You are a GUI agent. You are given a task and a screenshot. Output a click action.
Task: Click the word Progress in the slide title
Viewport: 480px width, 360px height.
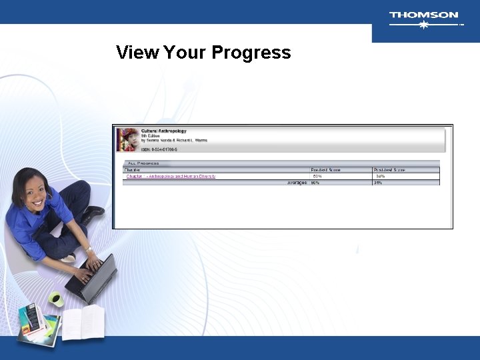coord(251,53)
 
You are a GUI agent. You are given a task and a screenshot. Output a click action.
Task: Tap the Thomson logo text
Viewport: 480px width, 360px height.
coord(423,15)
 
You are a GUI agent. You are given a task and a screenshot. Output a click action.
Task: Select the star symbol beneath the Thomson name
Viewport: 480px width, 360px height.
coord(423,25)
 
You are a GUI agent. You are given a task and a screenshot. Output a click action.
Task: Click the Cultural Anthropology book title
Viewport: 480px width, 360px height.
coord(164,131)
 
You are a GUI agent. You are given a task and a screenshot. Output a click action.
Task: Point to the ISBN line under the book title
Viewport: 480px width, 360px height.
coord(159,149)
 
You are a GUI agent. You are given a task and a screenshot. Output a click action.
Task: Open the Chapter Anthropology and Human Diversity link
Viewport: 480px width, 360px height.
coord(171,176)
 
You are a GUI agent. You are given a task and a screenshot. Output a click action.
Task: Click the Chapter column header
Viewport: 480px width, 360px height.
coord(133,170)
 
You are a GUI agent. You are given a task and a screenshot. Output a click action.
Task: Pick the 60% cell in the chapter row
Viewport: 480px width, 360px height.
coord(317,176)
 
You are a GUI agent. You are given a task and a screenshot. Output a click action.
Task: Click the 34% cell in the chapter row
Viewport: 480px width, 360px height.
coord(380,176)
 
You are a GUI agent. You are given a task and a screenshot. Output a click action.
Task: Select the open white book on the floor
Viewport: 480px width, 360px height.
coord(83,323)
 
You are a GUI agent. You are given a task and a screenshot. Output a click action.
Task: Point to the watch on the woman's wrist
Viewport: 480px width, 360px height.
coord(87,249)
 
